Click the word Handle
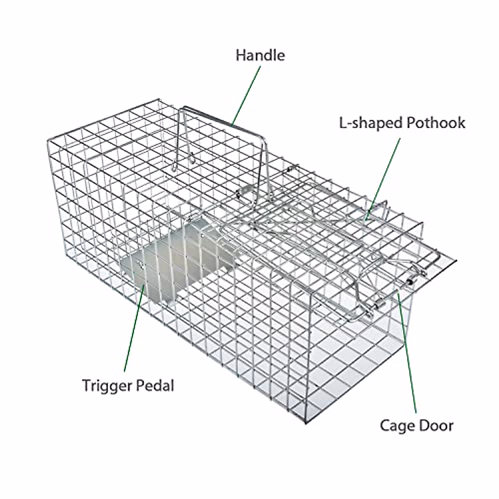coord(260,55)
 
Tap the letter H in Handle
coord(240,55)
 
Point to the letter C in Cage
coord(385,425)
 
